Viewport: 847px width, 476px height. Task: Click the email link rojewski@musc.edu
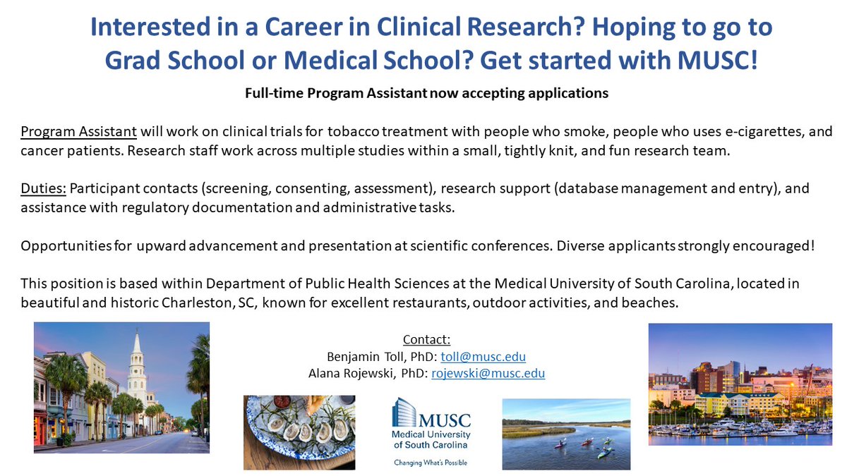tap(488, 374)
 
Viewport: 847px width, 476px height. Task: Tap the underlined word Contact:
tap(426, 340)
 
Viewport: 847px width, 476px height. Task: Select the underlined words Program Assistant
tap(79, 132)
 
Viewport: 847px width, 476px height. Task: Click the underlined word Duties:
tap(42, 188)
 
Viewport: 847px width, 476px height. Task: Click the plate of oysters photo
tap(299, 432)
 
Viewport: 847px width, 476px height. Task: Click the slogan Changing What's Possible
tap(431, 463)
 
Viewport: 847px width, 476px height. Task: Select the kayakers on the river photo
tap(566, 433)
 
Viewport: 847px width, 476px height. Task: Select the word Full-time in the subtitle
tap(271, 92)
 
